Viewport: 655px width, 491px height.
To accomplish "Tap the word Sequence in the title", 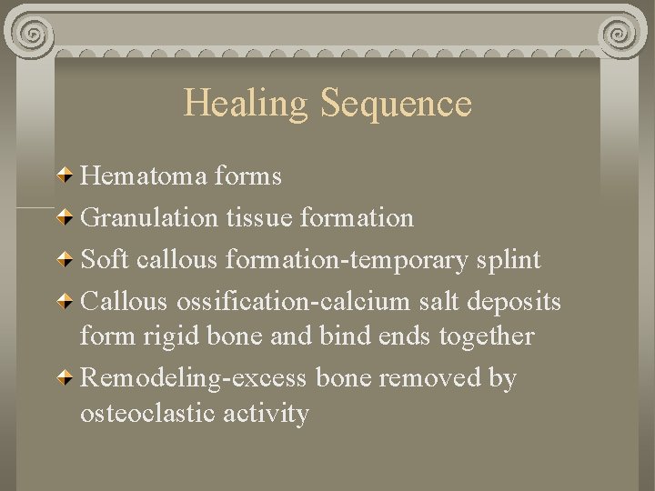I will [x=396, y=104].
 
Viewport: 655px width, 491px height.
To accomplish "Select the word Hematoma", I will [x=146, y=175].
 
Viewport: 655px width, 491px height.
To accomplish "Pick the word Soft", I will [x=103, y=260].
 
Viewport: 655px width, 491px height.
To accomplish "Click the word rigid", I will [x=175, y=336].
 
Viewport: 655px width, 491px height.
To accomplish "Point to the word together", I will [x=486, y=336].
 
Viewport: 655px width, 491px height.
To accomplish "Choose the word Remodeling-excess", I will [x=196, y=378].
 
